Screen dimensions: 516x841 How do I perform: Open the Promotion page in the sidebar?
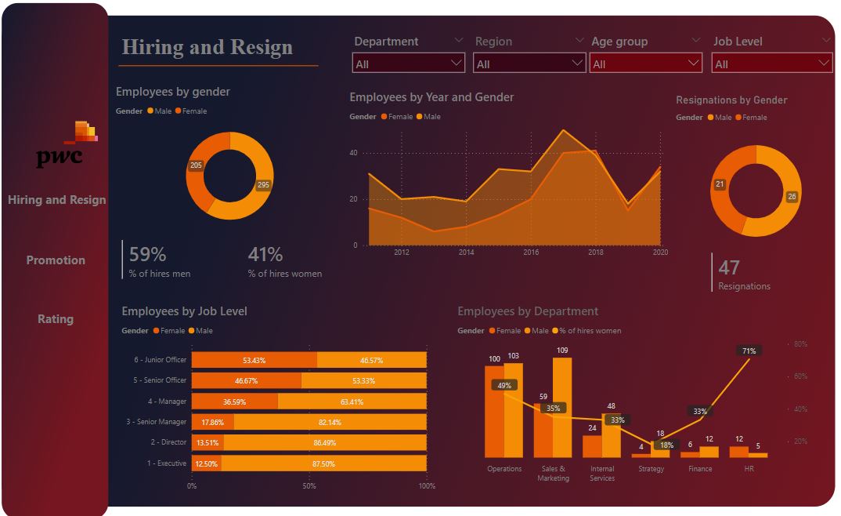56,260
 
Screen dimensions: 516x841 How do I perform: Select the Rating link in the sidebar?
56,319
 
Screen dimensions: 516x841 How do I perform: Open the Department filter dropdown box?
409,64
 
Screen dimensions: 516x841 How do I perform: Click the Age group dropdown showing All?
646,64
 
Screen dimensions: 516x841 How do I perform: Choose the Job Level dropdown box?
772,64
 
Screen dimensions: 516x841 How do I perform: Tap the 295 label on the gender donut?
263,186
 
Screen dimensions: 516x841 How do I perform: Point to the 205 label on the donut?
196,165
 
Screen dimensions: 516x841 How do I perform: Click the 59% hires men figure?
148,254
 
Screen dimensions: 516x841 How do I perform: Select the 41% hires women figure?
265,254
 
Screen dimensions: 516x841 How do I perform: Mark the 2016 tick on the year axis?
531,253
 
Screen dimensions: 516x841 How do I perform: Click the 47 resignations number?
729,267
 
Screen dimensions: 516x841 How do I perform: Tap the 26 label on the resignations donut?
792,197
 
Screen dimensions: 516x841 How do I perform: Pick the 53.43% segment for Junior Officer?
254,360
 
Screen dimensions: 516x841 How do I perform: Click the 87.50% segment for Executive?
323,463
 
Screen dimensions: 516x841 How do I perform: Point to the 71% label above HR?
749,351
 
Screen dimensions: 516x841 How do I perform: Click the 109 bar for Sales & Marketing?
562,407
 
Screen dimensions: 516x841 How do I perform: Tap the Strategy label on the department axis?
651,469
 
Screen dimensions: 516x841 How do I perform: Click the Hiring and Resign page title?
207,47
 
